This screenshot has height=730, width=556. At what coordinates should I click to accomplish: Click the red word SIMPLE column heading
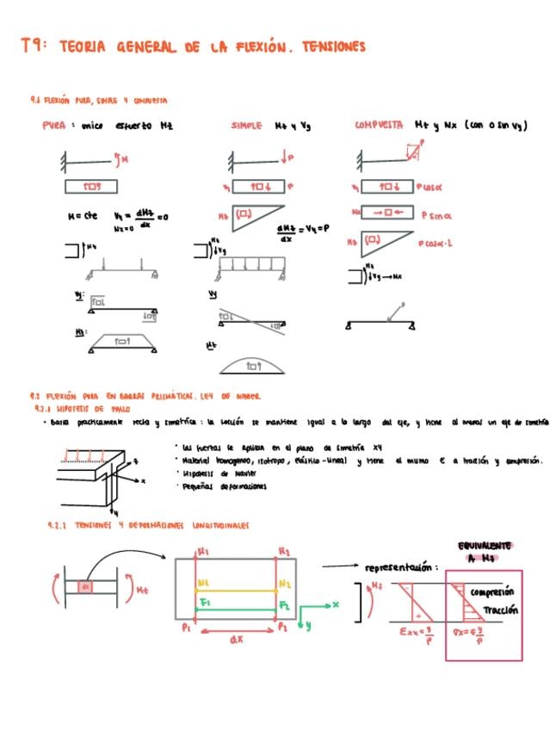coord(247,126)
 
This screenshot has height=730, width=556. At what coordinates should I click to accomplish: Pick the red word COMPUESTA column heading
coord(380,126)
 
